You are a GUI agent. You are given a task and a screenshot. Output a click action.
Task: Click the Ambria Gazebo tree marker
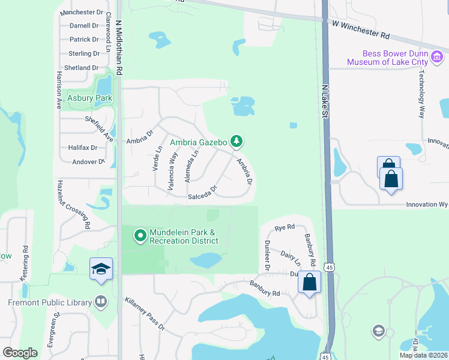(x=237, y=142)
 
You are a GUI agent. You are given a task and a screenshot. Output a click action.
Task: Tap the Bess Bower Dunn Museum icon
(x=437, y=58)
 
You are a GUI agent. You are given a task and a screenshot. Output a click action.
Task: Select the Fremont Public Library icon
(x=101, y=302)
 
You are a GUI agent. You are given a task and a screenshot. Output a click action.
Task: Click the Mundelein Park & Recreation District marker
(x=140, y=236)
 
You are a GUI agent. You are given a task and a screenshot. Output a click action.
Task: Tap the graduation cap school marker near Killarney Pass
(x=101, y=269)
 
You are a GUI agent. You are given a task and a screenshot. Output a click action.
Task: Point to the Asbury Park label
(x=89, y=98)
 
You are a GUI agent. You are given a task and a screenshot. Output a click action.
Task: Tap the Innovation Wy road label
(x=427, y=205)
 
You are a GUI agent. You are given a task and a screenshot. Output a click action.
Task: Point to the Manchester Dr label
(x=82, y=12)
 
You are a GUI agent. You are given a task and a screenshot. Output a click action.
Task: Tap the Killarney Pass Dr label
(x=145, y=314)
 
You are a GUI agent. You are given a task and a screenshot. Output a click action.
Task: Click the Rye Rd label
(x=285, y=227)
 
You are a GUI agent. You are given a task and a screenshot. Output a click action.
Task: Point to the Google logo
(x=20, y=353)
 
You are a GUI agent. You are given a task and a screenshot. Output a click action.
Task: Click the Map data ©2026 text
(x=424, y=355)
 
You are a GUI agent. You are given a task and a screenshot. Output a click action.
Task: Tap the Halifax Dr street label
(x=83, y=148)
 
